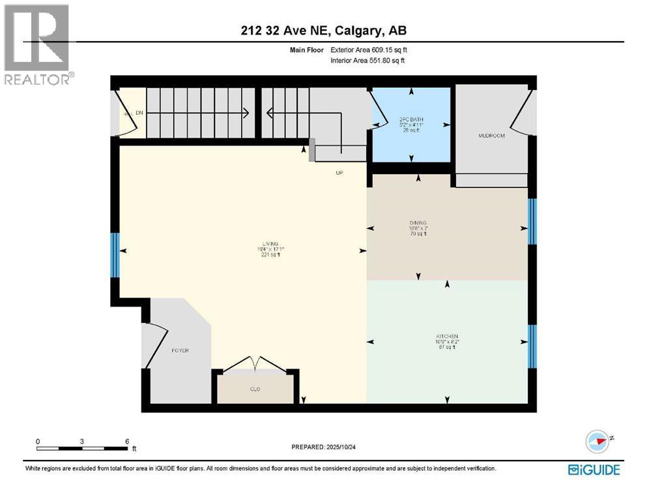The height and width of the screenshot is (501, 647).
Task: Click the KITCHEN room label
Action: coord(447,337)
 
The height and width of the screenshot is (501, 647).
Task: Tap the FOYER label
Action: coord(180,350)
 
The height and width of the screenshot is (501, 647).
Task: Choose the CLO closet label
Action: coord(255,389)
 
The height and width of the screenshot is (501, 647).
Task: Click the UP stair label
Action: coord(339,173)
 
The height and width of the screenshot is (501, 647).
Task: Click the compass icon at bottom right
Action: coord(597,441)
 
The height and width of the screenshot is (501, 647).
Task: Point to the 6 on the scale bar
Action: coord(126,441)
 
